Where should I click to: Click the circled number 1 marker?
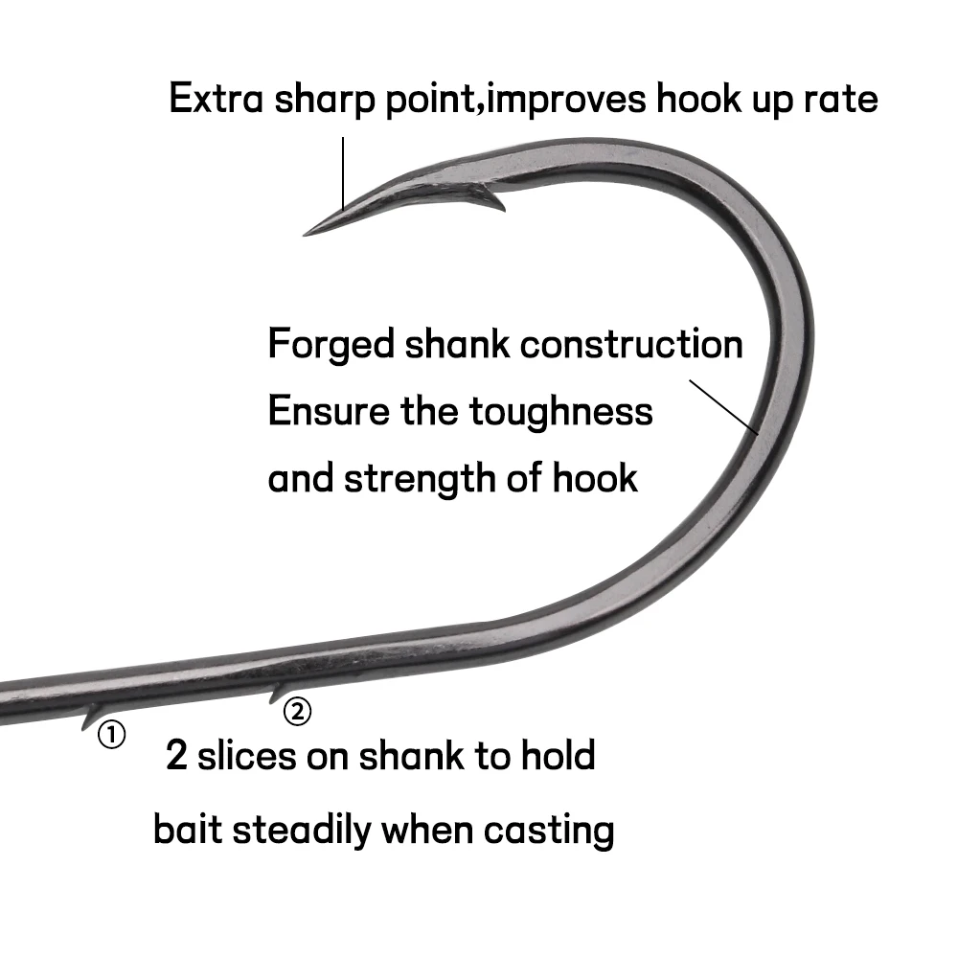click(111, 736)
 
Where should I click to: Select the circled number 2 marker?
click(298, 712)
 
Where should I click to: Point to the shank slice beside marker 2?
click(277, 692)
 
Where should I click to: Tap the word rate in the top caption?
click(838, 100)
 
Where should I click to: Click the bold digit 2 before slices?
click(176, 757)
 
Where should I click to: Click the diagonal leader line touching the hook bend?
click(723, 407)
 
